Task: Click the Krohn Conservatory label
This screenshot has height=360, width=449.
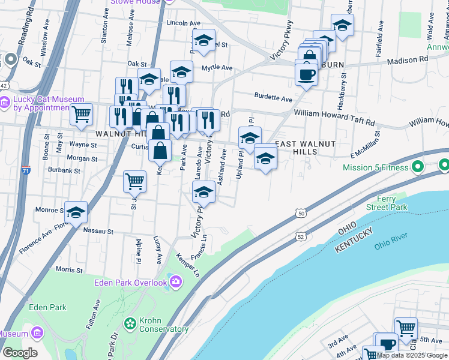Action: (x=164, y=325)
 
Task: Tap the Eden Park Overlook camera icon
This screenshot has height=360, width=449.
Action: (x=176, y=281)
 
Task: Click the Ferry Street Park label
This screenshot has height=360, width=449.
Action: (x=387, y=203)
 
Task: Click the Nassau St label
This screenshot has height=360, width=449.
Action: (x=98, y=231)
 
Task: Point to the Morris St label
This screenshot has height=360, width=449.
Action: (x=68, y=271)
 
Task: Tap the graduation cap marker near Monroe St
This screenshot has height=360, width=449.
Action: (x=76, y=212)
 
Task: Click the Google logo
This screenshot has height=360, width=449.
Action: (x=20, y=353)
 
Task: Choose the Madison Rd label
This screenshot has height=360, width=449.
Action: (x=408, y=60)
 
